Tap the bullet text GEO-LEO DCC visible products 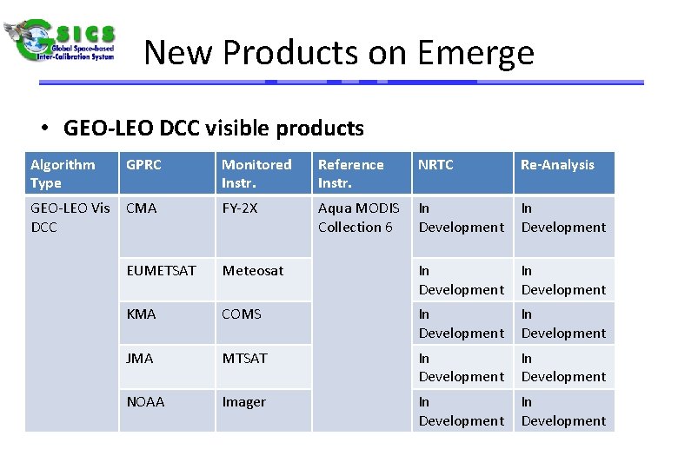pos(213,129)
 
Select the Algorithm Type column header pos(63,174)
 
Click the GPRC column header pos(144,165)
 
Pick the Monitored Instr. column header pos(256,174)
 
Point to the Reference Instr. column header pos(350,174)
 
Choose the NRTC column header pos(435,165)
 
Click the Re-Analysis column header pos(557,165)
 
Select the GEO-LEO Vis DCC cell pos(70,217)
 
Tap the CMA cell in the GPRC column pos(142,208)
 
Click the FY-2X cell pos(240,208)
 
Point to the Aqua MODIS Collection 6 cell pos(358,217)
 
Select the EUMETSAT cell pos(161,271)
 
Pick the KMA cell pos(141,314)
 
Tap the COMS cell pos(242,314)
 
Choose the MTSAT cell pos(245,358)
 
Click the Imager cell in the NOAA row pos(244,402)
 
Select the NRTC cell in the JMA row pos(461,367)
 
